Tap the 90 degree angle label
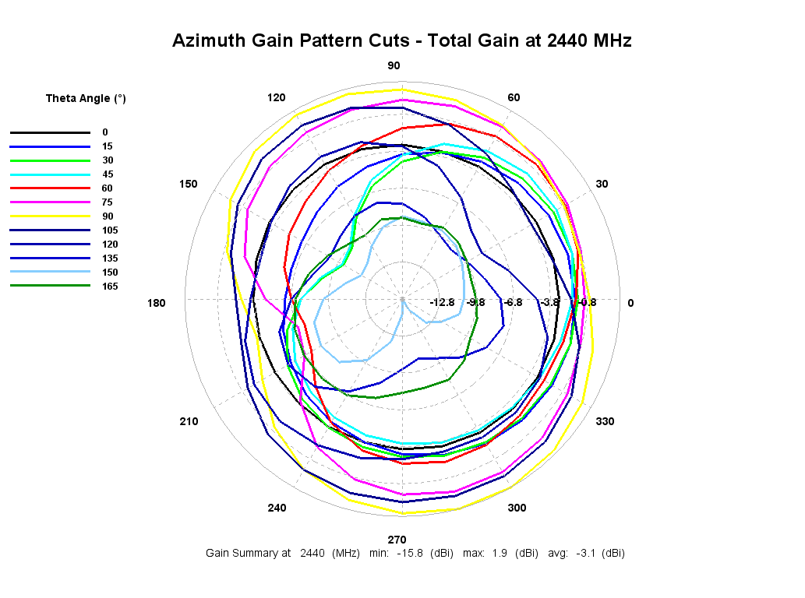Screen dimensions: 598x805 pos(394,65)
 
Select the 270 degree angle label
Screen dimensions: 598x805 pos(397,540)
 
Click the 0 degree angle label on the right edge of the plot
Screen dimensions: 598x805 pos(631,303)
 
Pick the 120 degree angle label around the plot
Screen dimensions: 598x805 pos(276,97)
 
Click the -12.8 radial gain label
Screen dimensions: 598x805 pos(442,303)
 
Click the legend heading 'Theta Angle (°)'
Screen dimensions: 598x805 pos(86,99)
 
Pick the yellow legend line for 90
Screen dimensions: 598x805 pos(50,216)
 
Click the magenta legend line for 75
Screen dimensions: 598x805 pos(50,202)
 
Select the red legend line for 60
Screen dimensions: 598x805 pos(50,188)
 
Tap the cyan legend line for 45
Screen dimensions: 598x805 pos(50,174)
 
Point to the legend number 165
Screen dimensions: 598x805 pos(110,287)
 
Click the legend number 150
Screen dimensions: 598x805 pos(110,273)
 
